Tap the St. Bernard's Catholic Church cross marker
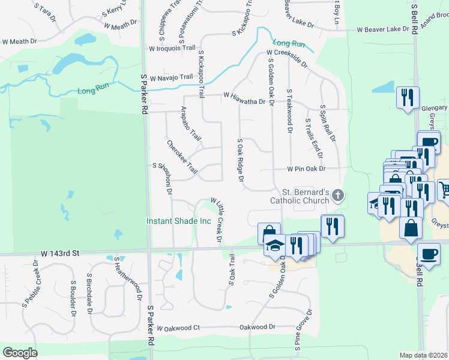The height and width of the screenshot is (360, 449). [x=338, y=195]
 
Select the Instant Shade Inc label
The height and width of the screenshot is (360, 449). [x=179, y=221]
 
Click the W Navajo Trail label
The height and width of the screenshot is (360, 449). [x=171, y=77]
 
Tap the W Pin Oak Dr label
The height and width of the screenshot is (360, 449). [x=306, y=169]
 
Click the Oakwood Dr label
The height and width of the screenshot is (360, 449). [x=257, y=328]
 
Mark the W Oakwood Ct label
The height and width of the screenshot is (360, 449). [x=177, y=328]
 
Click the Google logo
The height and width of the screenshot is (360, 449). [x=20, y=353]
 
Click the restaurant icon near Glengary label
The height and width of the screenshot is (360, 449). [x=408, y=97]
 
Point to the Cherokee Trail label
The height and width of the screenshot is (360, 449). [x=182, y=157]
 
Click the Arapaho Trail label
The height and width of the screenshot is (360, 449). [x=191, y=124]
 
